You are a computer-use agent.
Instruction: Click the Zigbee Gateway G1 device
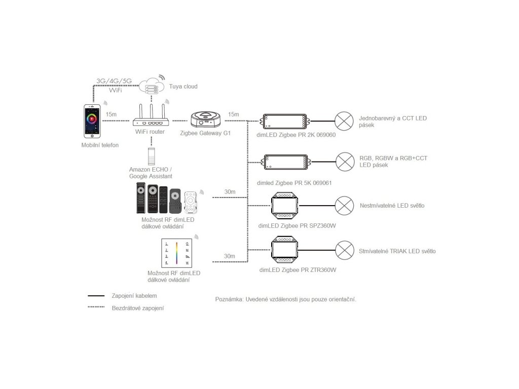206,120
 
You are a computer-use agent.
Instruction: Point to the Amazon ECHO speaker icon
151,155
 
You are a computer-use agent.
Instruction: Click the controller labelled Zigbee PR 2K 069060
284,122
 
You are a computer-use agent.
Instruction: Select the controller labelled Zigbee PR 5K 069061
284,161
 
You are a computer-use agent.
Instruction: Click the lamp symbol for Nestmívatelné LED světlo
345,206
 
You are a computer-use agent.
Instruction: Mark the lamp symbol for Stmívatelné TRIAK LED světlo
345,251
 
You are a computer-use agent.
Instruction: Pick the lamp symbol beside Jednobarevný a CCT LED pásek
345,122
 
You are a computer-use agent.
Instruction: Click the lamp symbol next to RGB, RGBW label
345,161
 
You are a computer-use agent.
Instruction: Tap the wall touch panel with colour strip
176,253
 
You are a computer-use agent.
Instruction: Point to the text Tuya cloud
183,86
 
